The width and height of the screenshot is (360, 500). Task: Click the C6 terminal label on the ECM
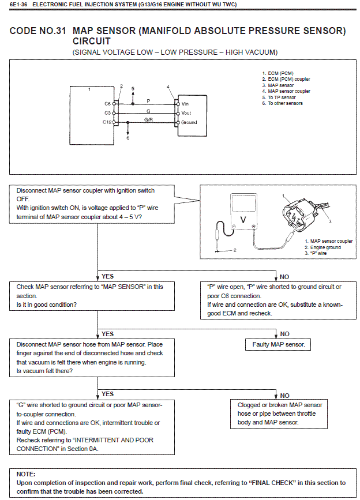(x=107, y=104)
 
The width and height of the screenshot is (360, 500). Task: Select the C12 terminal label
(x=107, y=122)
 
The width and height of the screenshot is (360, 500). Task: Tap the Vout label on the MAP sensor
(x=186, y=113)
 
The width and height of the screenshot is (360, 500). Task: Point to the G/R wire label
(x=148, y=119)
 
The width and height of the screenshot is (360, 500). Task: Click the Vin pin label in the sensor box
(x=185, y=104)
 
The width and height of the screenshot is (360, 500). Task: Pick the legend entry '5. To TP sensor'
(x=278, y=97)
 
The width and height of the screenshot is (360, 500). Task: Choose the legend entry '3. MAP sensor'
(x=277, y=85)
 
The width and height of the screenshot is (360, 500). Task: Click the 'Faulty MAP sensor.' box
(x=279, y=345)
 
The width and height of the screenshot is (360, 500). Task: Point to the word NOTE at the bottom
(x=27, y=473)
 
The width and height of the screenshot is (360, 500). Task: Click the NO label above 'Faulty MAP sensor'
(x=284, y=334)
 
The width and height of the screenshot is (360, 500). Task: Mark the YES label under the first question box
(x=107, y=277)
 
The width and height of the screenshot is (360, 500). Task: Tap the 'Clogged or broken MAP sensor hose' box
(x=280, y=413)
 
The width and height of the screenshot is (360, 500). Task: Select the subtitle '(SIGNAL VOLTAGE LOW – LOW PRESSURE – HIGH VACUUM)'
(x=175, y=52)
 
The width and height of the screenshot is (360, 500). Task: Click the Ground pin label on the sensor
(x=189, y=122)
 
